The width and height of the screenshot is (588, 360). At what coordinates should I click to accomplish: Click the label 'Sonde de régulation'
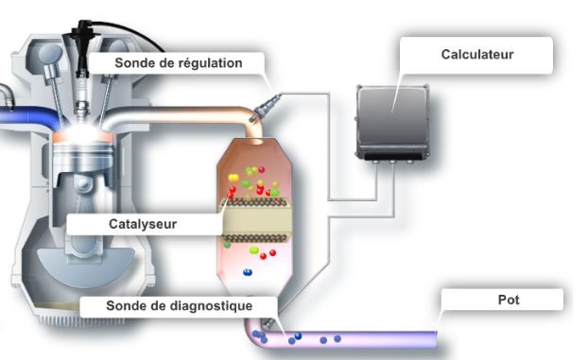178,63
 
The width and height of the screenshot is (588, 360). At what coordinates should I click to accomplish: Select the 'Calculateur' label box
476,55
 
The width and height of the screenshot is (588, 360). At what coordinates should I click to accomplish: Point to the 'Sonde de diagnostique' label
178,306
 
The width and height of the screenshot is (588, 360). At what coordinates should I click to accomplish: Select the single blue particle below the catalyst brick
248,272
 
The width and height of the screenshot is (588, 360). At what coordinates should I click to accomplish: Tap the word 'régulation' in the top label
213,63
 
